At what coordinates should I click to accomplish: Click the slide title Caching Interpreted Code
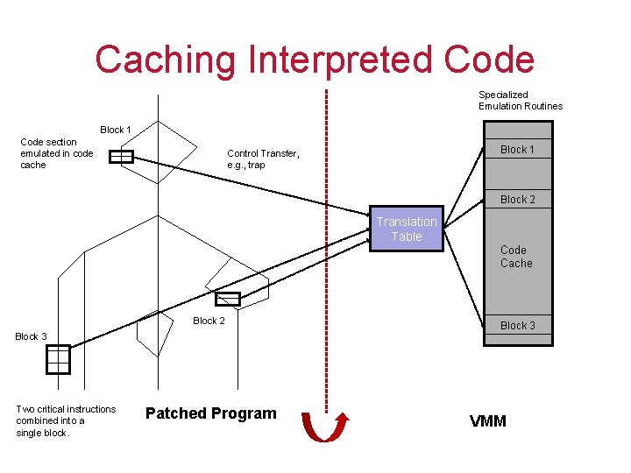(x=315, y=60)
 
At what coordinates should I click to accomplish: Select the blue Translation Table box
(x=407, y=229)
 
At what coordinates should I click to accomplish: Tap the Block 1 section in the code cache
(x=517, y=150)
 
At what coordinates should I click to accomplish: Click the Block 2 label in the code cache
(x=517, y=200)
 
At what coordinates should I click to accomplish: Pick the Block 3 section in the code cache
(x=517, y=326)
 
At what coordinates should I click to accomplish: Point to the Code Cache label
(x=516, y=257)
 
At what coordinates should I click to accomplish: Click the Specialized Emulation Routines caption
(x=520, y=101)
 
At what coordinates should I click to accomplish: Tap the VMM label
(x=488, y=421)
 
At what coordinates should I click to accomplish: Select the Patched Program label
(x=210, y=413)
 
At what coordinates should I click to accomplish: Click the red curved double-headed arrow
(x=325, y=427)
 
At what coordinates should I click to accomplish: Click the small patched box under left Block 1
(x=121, y=158)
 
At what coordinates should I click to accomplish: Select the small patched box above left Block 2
(x=228, y=299)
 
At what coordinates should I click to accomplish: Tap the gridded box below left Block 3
(x=58, y=359)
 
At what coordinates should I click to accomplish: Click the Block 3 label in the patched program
(x=32, y=336)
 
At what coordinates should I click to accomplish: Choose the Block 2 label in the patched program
(x=209, y=321)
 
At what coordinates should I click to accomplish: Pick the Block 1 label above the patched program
(x=116, y=130)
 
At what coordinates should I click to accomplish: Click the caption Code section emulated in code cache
(x=56, y=153)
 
